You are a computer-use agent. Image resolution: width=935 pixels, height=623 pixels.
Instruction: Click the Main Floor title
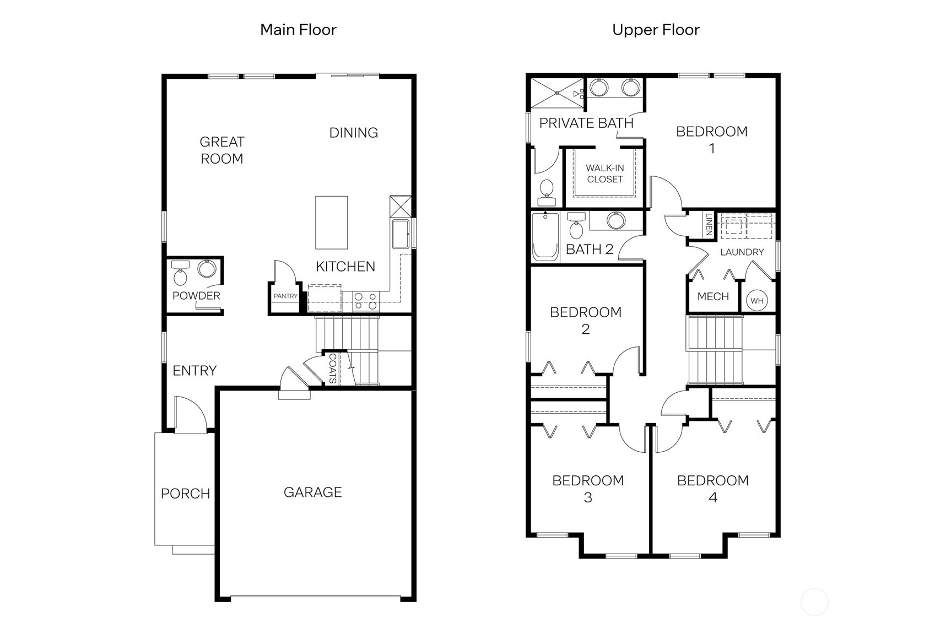298,30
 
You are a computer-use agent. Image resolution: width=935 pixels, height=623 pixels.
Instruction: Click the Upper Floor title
656,30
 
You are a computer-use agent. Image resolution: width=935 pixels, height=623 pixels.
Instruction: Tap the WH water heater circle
756,301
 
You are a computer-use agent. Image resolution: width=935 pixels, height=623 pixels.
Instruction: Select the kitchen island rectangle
331,223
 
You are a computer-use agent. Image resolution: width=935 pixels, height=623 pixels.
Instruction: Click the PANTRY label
285,296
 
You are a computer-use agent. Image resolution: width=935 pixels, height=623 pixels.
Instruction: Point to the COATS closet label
332,368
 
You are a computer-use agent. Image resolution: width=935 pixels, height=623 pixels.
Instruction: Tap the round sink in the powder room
207,269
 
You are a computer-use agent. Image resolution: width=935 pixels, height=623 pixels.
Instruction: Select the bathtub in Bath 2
545,236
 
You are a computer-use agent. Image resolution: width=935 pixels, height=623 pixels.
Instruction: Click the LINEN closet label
709,225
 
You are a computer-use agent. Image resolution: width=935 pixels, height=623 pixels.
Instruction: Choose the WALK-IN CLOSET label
604,174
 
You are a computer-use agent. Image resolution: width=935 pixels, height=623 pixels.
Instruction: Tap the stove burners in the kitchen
365,301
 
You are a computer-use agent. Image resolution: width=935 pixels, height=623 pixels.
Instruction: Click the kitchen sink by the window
401,234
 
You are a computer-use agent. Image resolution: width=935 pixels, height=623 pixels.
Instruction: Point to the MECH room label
713,296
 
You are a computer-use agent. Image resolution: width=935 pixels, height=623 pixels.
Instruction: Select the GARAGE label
312,492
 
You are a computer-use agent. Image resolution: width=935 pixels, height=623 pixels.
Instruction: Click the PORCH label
185,494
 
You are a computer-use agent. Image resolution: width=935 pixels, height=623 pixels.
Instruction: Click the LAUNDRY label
742,252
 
